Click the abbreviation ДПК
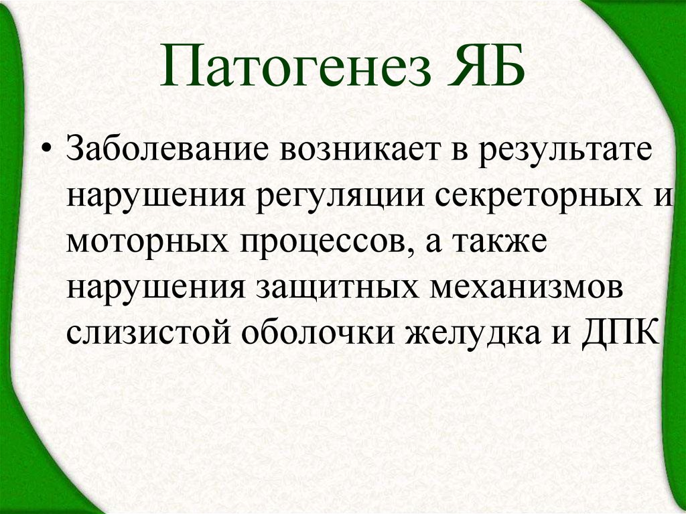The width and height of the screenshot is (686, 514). [x=619, y=332]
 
